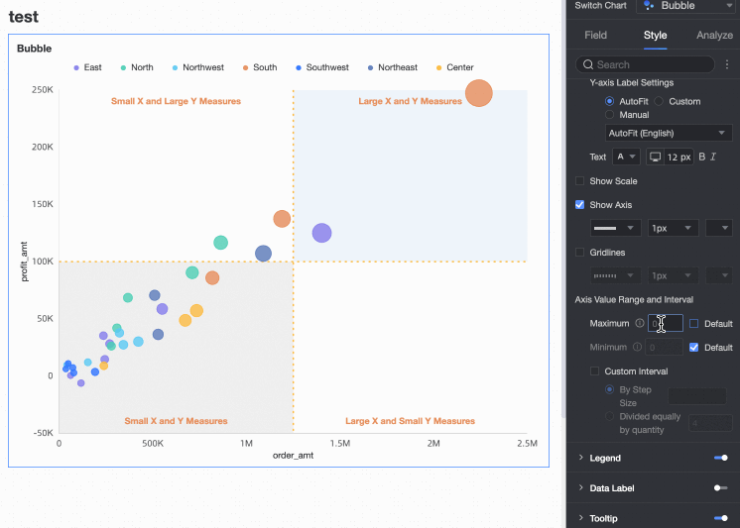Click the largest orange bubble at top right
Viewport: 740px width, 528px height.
pyautogui.click(x=479, y=93)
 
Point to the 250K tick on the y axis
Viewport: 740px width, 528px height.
pyautogui.click(x=42, y=90)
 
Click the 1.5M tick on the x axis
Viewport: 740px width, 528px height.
pyautogui.click(x=339, y=443)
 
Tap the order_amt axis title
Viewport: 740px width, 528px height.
pyautogui.click(x=293, y=456)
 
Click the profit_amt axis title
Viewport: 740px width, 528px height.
pyautogui.click(x=25, y=262)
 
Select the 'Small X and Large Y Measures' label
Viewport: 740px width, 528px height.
pyautogui.click(x=176, y=101)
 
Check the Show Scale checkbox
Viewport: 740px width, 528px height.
pyautogui.click(x=580, y=181)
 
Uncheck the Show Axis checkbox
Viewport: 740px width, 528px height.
pyautogui.click(x=580, y=205)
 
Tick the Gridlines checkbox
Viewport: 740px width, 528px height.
pyautogui.click(x=580, y=253)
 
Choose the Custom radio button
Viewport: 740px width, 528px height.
pyautogui.click(x=660, y=101)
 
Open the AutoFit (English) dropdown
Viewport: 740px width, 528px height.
pyautogui.click(x=669, y=133)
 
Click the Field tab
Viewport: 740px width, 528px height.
pyautogui.click(x=595, y=35)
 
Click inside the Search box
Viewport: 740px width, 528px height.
pyautogui.click(x=650, y=64)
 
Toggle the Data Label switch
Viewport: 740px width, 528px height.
pyautogui.click(x=720, y=487)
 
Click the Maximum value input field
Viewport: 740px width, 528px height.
pyautogui.click(x=667, y=323)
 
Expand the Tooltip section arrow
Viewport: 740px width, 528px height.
pyautogui.click(x=580, y=518)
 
